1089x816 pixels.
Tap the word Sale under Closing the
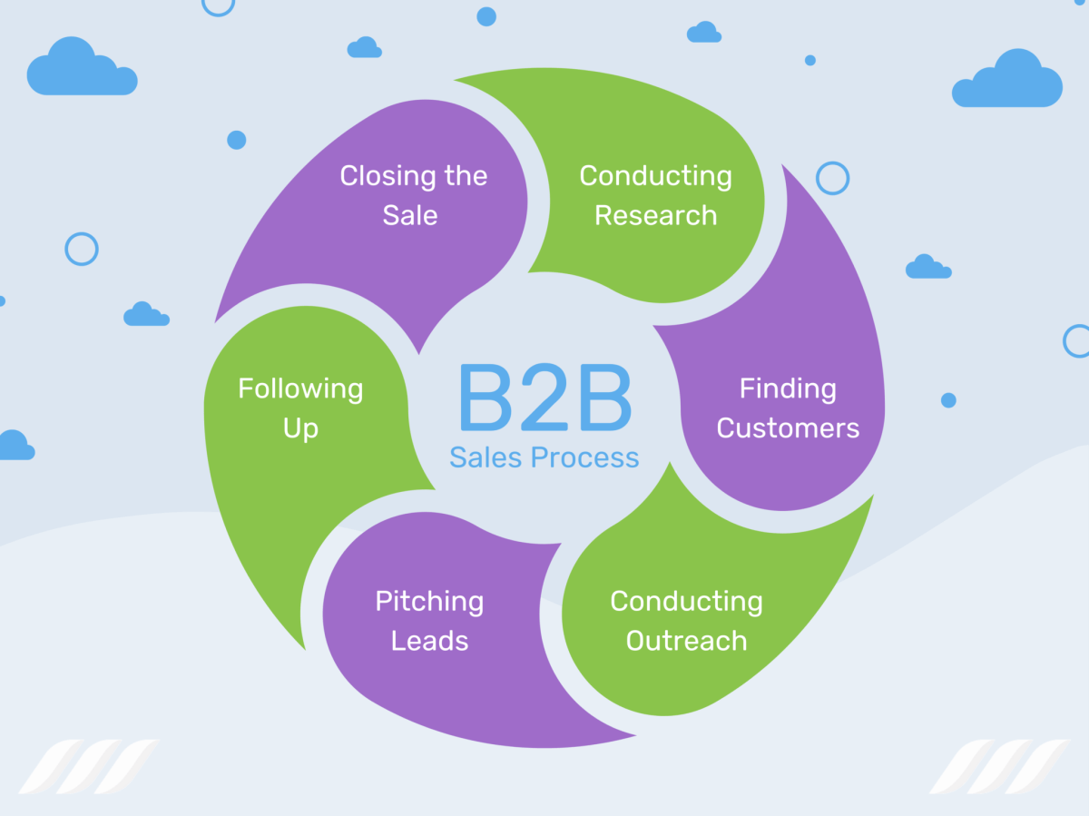pos(410,216)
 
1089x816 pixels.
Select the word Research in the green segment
pos(655,216)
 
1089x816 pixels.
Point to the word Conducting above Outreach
pos(686,601)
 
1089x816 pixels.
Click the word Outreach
pos(686,641)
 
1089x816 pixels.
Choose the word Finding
pos(788,389)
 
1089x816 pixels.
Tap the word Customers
pos(788,428)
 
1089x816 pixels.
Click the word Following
pos(300,389)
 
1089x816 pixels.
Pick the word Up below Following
pos(300,428)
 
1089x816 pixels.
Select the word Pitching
pos(429,602)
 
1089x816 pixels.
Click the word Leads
pos(429,641)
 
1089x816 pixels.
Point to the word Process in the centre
pos(584,457)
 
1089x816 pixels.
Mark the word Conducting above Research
pos(655,176)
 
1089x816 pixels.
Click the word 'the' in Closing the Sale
pos(466,176)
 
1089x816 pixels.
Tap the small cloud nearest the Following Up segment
pos(145,314)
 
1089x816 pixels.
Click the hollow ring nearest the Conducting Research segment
pos(832,178)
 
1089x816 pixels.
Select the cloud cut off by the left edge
pos(13,446)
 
